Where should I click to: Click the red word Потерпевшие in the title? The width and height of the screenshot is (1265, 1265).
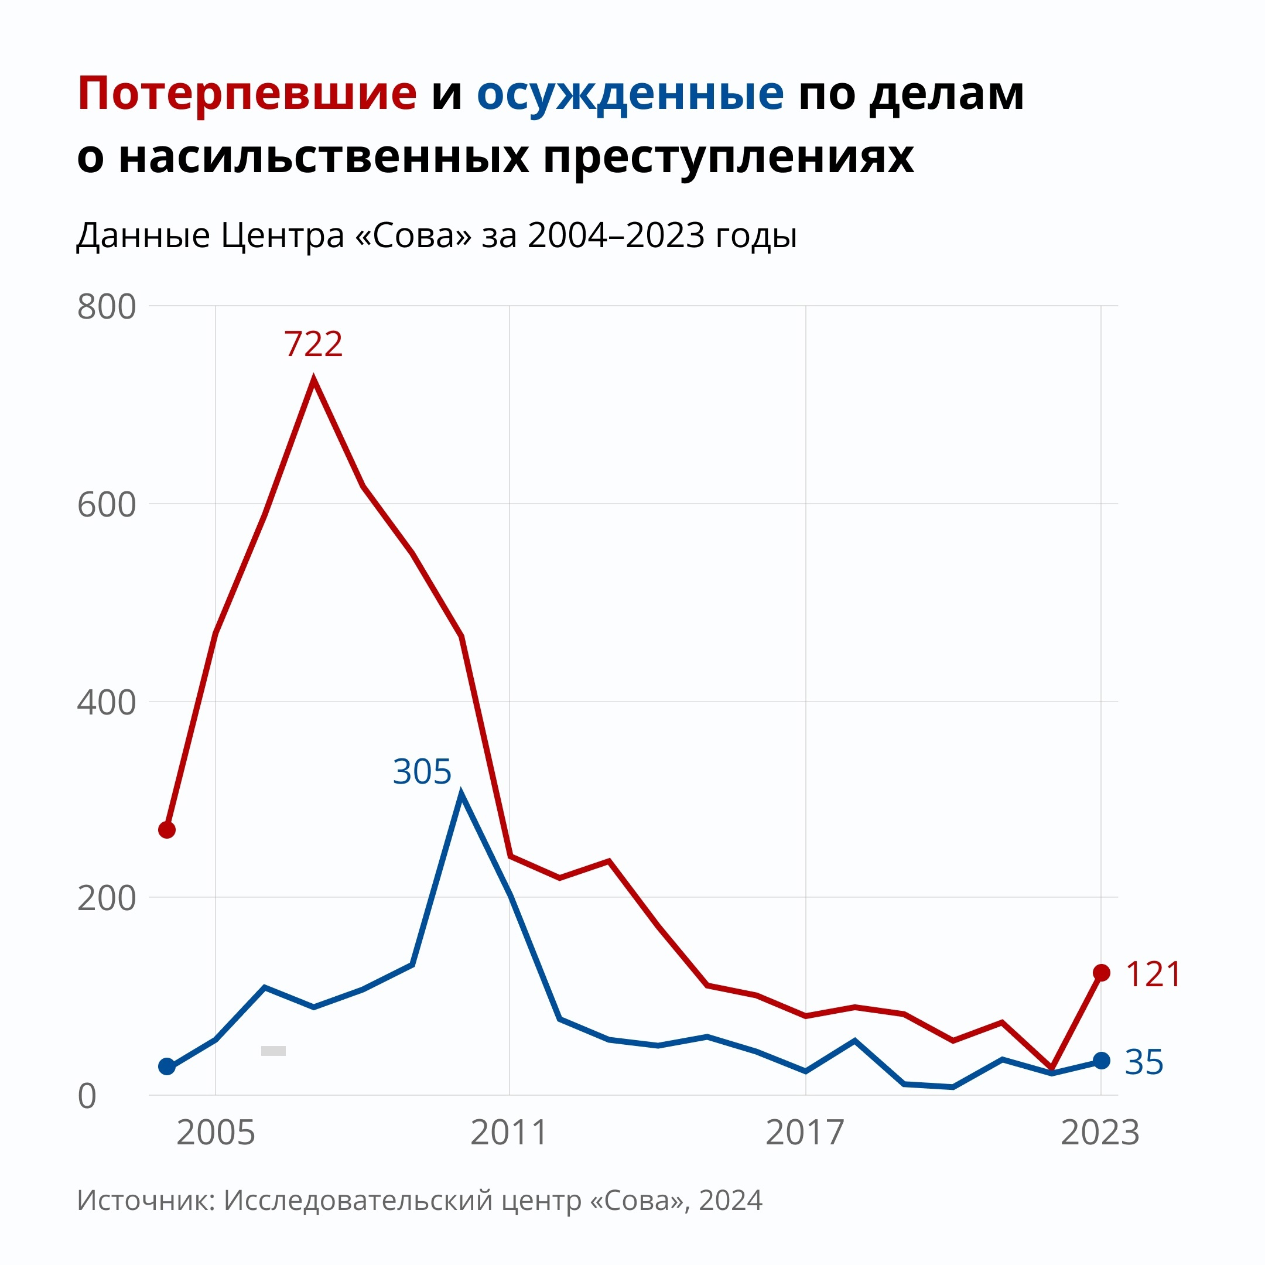point(247,93)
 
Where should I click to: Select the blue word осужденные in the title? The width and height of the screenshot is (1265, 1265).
point(630,93)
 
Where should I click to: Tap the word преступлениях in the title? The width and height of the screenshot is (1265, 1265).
point(728,157)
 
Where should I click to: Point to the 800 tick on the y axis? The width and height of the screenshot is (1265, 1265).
point(106,306)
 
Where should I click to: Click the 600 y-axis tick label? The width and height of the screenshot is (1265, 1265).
point(106,505)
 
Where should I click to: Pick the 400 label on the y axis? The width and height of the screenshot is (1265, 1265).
point(106,703)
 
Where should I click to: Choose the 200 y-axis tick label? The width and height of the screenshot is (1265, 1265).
point(106,898)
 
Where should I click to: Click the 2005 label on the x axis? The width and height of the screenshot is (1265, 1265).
point(216,1133)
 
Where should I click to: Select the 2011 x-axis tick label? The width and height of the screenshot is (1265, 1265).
point(509,1133)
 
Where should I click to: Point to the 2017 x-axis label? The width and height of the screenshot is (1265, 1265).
point(805,1133)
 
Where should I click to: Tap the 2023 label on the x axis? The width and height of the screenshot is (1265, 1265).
point(1100,1133)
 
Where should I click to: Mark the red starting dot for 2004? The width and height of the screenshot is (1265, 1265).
point(167,830)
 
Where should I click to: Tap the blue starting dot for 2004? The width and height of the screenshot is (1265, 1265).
point(167,1066)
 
